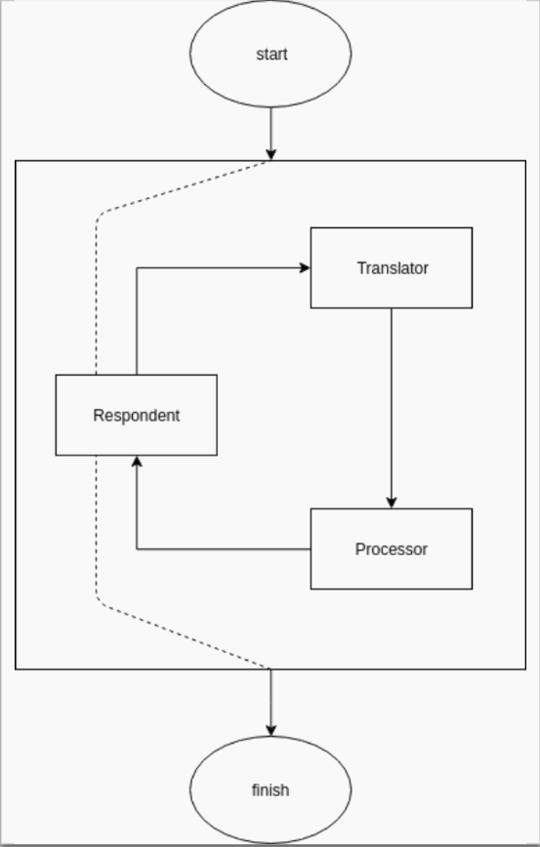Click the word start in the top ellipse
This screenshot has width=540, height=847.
[x=271, y=55]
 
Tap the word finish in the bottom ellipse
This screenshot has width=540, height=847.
[x=270, y=790]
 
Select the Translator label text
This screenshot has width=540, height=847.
[x=393, y=268]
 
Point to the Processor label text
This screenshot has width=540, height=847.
[x=392, y=548]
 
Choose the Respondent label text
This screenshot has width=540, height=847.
[x=136, y=416]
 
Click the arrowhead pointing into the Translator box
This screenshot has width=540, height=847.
[x=305, y=267]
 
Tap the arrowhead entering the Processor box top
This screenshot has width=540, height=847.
[x=392, y=503]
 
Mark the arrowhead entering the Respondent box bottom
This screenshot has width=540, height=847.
[x=137, y=462]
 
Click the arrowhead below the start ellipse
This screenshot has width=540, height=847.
[x=270, y=154]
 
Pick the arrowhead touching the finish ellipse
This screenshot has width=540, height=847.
[x=270, y=730]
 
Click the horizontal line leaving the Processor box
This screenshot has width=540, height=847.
[x=224, y=548]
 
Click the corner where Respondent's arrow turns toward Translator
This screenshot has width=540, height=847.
[x=137, y=267]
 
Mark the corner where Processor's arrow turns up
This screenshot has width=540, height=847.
[x=137, y=548]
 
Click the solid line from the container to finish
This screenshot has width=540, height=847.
[x=270, y=703]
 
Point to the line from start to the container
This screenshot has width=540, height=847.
[x=270, y=134]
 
